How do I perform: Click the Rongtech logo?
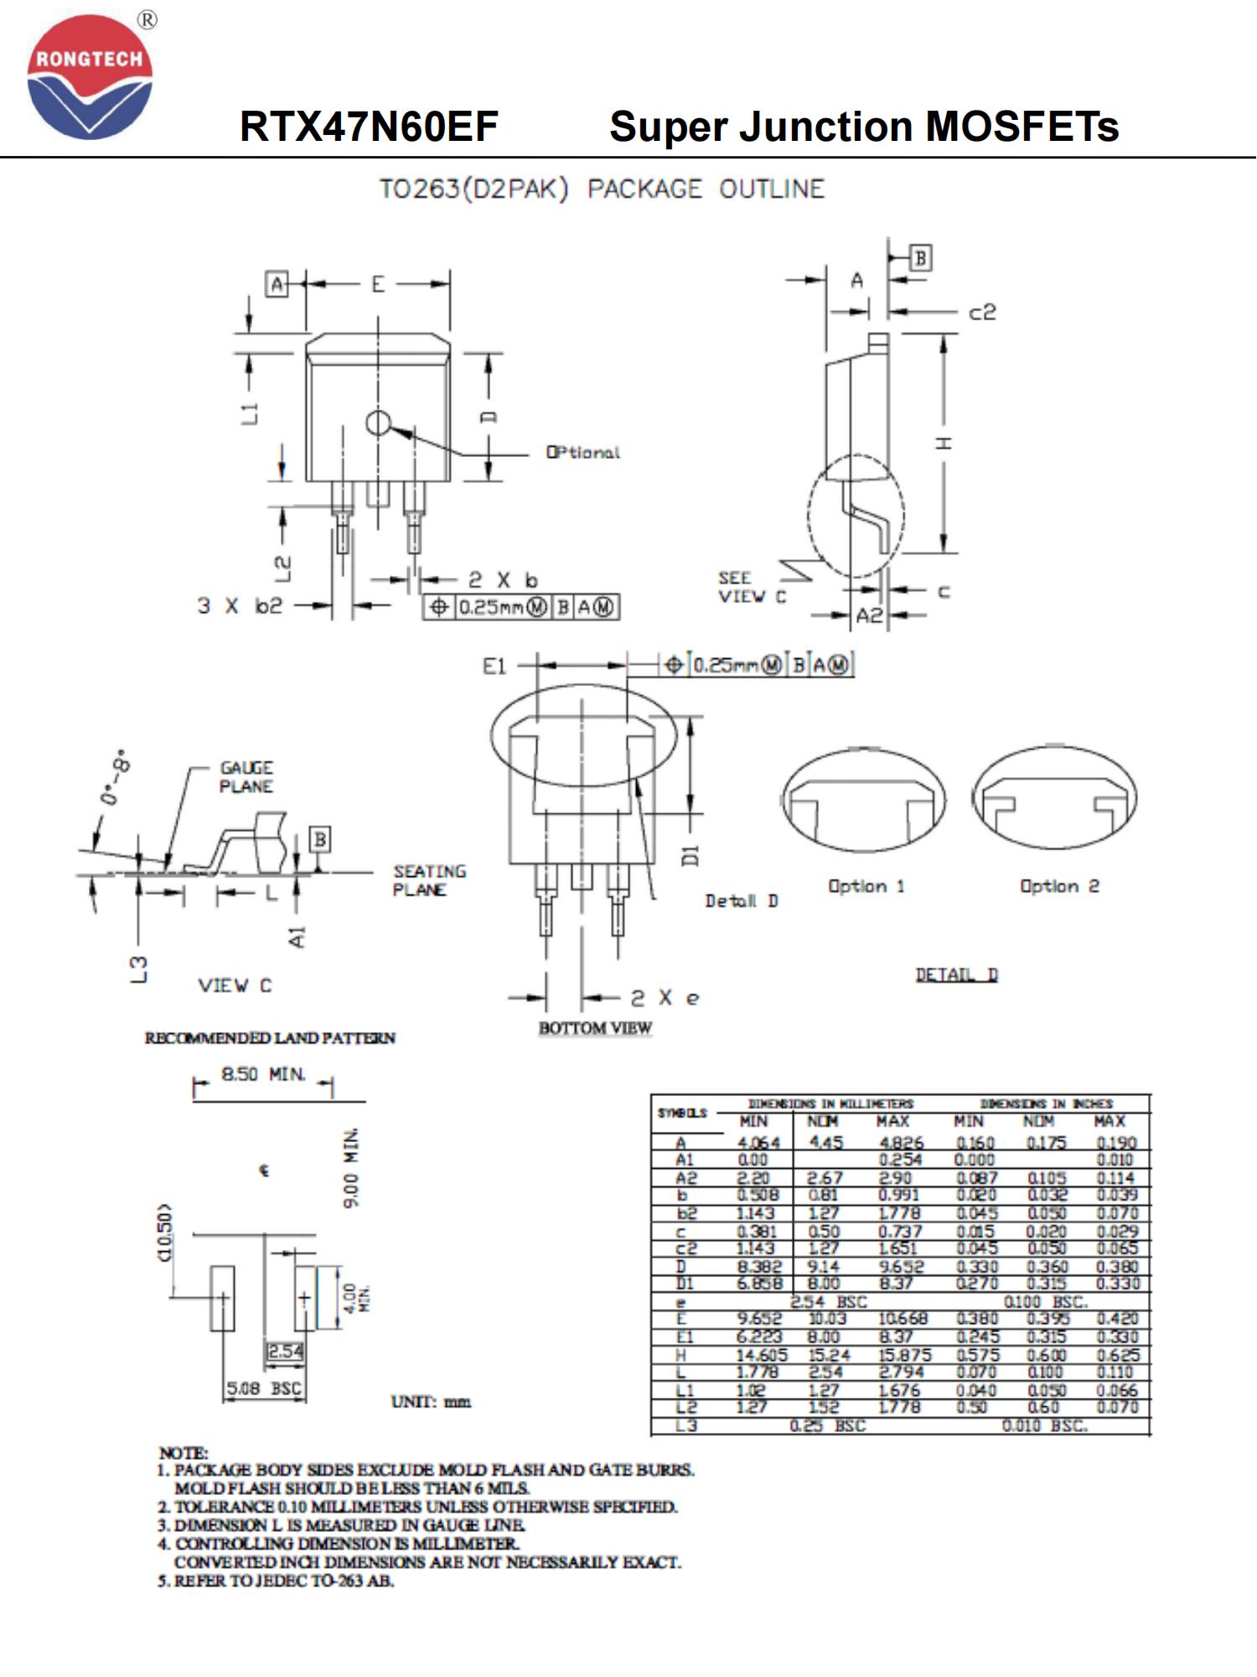coord(90,77)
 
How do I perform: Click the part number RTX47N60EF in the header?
coord(369,127)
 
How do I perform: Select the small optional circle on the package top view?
coord(378,423)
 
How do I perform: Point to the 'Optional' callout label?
coord(583,453)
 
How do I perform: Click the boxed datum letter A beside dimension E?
coord(277,284)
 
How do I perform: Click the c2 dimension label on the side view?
coord(982,313)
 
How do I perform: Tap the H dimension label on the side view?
coord(944,443)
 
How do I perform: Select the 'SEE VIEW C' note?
coord(751,587)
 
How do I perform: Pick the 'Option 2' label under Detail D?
coord(1059,886)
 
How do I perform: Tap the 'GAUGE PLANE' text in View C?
coord(246,777)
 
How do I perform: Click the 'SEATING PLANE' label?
coord(429,880)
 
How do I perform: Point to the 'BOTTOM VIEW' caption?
coord(595,1028)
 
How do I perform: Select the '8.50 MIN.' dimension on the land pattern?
coord(263,1074)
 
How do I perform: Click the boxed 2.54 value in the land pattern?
coord(285,1352)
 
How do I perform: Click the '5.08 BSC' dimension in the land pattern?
coord(264,1389)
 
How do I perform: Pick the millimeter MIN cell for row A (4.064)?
coord(758,1143)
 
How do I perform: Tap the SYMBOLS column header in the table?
coord(682,1113)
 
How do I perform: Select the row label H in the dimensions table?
coord(681,1356)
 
